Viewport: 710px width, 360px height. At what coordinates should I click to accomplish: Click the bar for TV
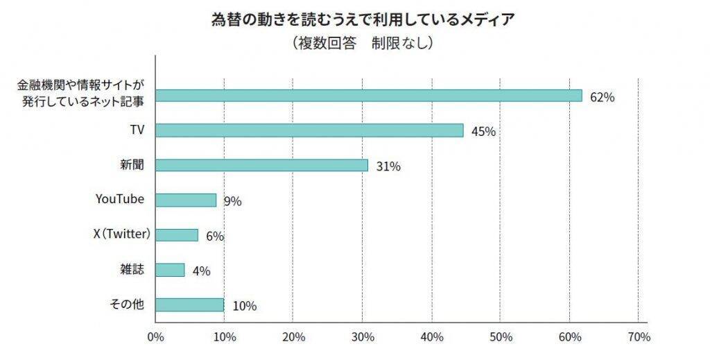[309, 130]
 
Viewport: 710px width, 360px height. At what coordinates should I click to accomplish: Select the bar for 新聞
[261, 165]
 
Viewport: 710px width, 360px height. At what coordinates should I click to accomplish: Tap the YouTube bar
[186, 200]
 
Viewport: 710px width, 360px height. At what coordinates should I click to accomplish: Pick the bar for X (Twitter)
[177, 234]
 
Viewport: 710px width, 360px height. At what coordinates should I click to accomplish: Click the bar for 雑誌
[170, 269]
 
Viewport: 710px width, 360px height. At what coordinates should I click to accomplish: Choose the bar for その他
[189, 305]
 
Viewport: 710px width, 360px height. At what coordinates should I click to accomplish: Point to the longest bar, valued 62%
[368, 96]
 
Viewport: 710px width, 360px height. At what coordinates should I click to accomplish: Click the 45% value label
[483, 132]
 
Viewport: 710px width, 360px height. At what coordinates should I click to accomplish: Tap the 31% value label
[388, 166]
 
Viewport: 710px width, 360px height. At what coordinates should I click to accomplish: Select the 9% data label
[232, 202]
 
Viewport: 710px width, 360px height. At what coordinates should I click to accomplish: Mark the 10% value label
[245, 306]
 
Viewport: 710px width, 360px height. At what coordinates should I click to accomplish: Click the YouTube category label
[119, 199]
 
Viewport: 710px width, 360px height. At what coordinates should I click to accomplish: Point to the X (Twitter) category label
[122, 234]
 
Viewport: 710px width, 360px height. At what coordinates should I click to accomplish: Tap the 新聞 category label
[132, 164]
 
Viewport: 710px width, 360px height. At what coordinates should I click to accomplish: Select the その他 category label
[128, 304]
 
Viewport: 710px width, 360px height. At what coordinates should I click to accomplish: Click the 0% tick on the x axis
[155, 338]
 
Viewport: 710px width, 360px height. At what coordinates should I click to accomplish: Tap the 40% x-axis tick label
[431, 338]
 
